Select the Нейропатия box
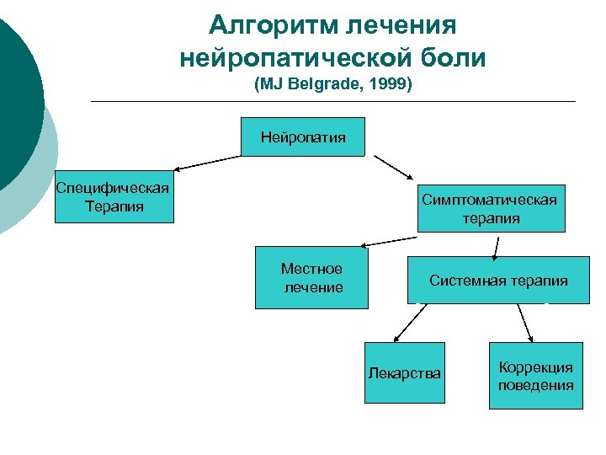[303, 136]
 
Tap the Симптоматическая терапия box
[491, 208]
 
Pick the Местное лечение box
[312, 277]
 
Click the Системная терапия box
[498, 281]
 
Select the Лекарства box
[403, 373]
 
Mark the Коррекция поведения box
[535, 376]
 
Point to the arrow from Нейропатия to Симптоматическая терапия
[394, 168]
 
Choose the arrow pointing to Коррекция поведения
[525, 322]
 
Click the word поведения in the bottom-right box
[535, 385]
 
